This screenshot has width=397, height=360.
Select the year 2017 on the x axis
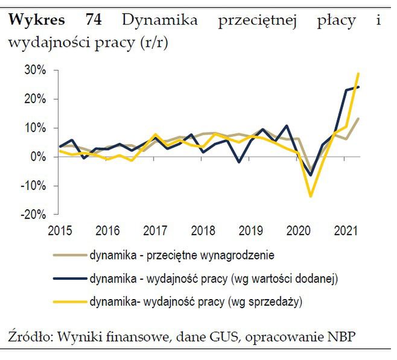click(x=155, y=231)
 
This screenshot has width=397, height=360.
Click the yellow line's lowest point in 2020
click(x=311, y=196)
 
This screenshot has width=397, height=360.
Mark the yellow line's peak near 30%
click(x=359, y=74)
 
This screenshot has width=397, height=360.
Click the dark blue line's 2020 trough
click(x=311, y=175)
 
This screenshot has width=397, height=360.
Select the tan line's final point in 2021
click(x=359, y=118)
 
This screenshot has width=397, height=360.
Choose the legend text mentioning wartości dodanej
click(x=214, y=279)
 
